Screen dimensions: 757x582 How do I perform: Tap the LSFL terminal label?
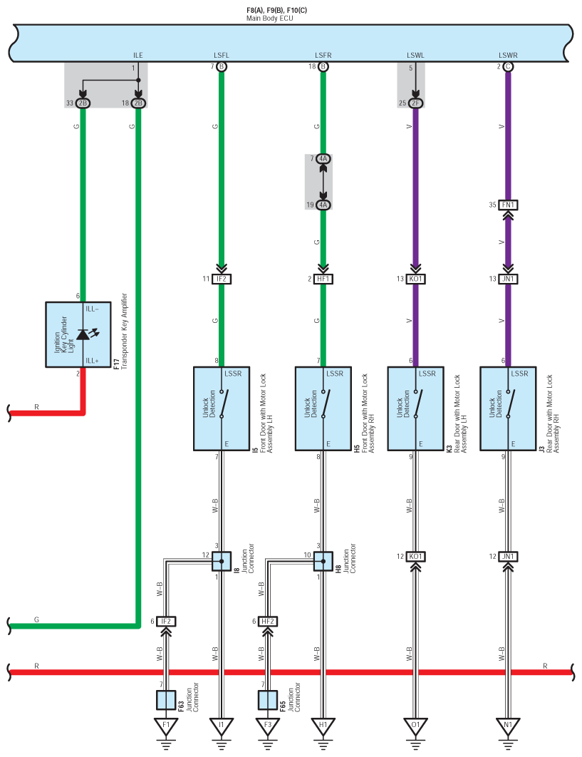(222, 55)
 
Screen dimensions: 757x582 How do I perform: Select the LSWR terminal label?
(507, 55)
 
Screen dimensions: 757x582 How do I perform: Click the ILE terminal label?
(138, 55)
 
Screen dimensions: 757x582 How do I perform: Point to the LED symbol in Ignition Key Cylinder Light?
(83, 334)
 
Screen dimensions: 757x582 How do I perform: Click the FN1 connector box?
(508, 205)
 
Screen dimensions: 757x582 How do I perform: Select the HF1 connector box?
(323, 279)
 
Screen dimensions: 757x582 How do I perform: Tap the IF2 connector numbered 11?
(222, 279)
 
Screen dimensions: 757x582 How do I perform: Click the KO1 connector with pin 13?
(415, 279)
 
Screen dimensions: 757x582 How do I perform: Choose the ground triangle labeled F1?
(166, 726)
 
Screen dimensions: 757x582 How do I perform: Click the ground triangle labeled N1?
(508, 726)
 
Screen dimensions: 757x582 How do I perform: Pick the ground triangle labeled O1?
(415, 726)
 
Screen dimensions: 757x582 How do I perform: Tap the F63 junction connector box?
(166, 700)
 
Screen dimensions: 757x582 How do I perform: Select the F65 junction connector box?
(268, 700)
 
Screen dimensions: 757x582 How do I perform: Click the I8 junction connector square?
(222, 562)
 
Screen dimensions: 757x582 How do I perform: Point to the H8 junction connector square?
(323, 562)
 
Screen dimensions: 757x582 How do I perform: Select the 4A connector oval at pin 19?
(323, 205)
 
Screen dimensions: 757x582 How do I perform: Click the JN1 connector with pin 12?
(508, 556)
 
